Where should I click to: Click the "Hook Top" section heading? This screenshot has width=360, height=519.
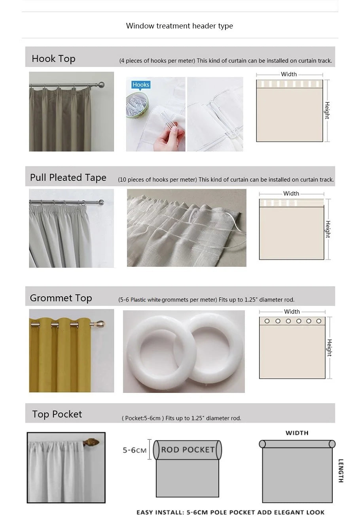click(x=53, y=59)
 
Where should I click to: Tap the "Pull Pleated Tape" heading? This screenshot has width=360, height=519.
click(x=68, y=178)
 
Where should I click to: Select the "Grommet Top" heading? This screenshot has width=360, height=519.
click(x=61, y=298)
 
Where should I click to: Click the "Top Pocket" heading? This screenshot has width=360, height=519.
click(x=57, y=414)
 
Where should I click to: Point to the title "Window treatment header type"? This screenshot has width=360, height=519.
click(x=180, y=26)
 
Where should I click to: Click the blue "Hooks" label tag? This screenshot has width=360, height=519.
click(x=141, y=85)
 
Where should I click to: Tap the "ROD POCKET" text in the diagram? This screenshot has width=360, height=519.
click(x=188, y=450)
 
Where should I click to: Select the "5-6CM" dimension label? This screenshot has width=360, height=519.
click(x=135, y=450)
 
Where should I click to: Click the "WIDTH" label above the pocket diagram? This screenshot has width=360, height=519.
click(x=297, y=433)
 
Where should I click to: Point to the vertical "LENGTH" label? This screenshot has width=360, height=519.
click(x=341, y=470)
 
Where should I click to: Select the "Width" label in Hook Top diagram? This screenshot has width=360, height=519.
click(x=289, y=74)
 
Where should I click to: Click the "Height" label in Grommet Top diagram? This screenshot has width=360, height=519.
click(x=329, y=348)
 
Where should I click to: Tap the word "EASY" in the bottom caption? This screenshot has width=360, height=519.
click(x=147, y=512)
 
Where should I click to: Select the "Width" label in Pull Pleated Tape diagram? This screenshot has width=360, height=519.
click(x=291, y=194)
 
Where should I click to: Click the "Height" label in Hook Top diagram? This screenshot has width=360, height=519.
click(x=327, y=110)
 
